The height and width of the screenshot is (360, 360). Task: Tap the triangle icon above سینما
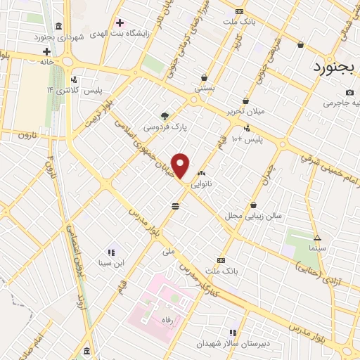pos(317,238)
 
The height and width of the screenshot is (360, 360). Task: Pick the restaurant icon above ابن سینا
pos(111,252)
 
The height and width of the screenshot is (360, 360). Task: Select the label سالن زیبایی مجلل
pos(252,216)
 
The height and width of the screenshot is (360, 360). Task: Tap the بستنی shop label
pos(205,90)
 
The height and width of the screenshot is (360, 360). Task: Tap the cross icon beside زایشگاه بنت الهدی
pos(120,22)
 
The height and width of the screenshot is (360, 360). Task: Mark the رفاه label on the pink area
pos(166,319)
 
